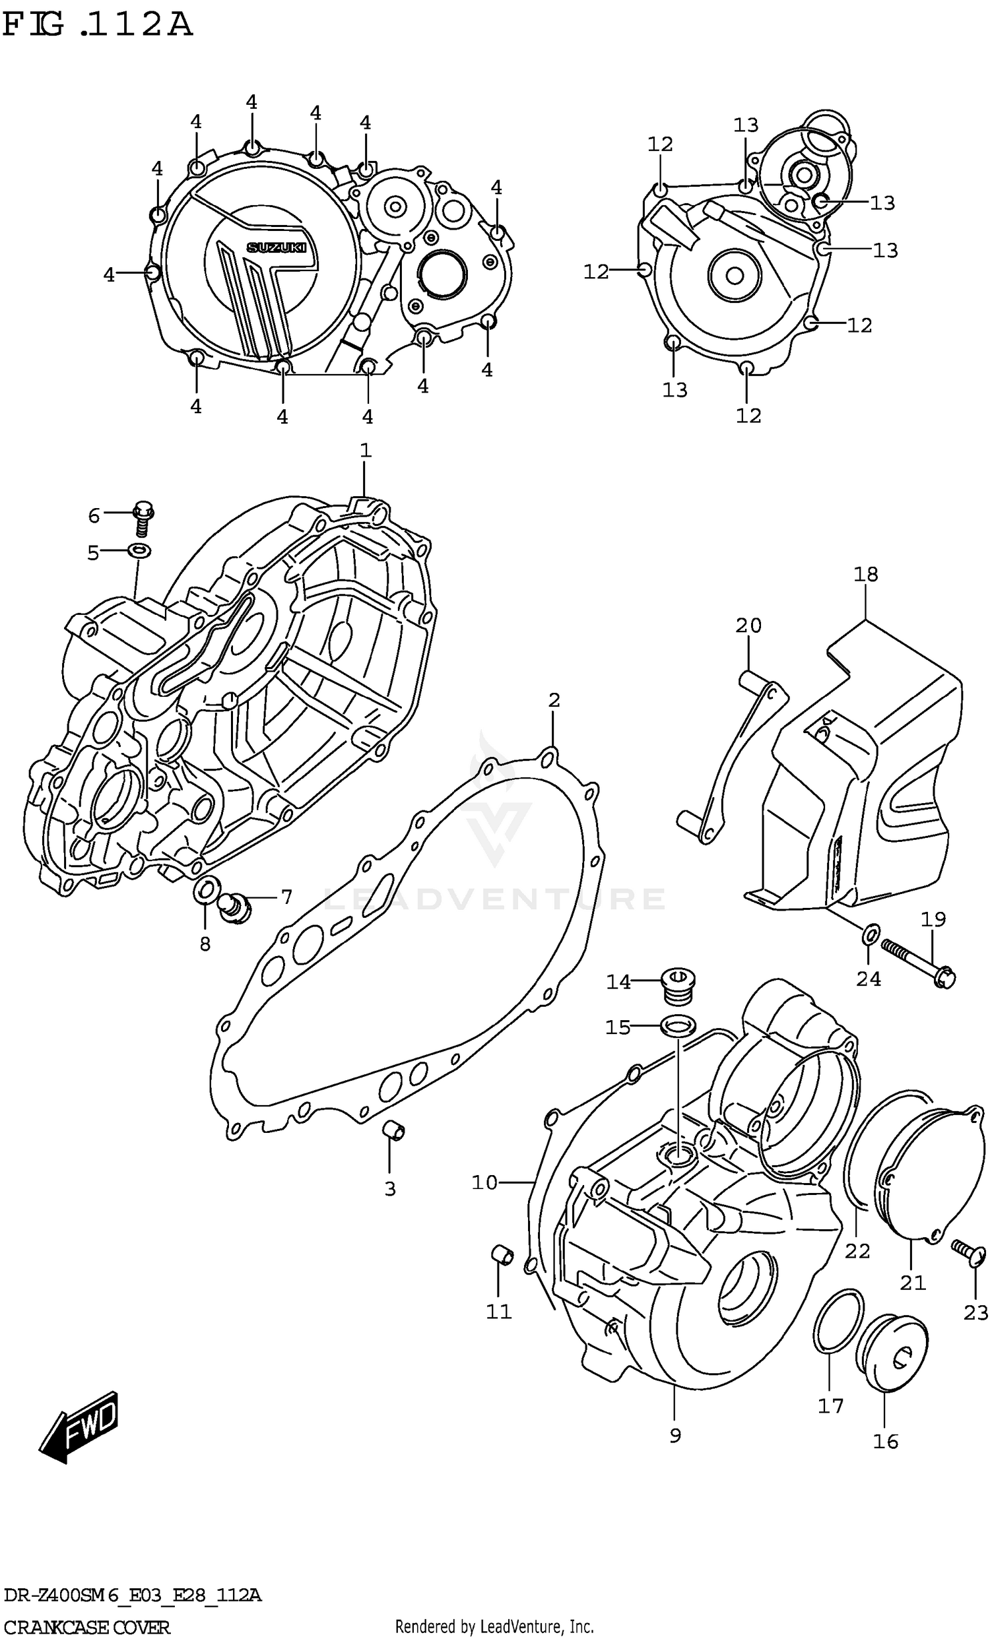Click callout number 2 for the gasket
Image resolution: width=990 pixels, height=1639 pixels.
coord(554,700)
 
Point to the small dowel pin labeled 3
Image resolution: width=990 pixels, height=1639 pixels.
coord(395,1130)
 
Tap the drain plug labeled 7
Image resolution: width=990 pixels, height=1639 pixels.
coord(234,908)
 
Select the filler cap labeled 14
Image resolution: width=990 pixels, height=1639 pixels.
coord(678,985)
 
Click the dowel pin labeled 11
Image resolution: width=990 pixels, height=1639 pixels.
coord(503,1255)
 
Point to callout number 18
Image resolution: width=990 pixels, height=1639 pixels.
coord(865,573)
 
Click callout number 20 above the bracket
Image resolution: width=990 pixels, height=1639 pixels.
coord(748,626)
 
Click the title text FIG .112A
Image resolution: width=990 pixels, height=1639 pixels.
coord(97,25)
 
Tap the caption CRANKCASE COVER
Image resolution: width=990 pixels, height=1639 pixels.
coord(86,1627)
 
